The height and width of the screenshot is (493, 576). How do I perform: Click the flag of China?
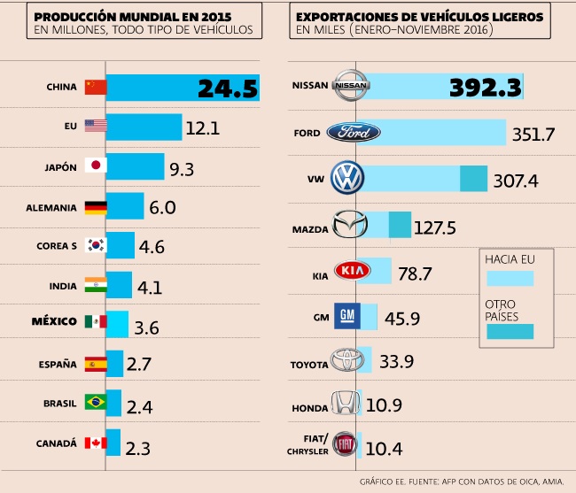(95, 87)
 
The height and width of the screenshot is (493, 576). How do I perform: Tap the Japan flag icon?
(95, 166)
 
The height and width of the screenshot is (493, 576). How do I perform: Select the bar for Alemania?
(124, 207)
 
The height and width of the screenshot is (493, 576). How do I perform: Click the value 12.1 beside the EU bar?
(202, 128)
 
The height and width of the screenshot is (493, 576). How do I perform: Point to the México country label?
(54, 320)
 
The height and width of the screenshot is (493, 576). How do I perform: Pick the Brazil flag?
(95, 402)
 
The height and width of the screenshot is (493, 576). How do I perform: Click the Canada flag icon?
(95, 443)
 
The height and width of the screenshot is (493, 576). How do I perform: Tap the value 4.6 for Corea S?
(152, 247)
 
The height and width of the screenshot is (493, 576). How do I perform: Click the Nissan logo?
(352, 86)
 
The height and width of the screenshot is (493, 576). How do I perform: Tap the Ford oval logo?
(354, 133)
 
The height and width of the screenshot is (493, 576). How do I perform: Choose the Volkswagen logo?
(345, 179)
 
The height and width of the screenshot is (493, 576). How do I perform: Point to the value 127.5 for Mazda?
(434, 228)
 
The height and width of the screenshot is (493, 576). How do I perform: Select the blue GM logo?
(346, 316)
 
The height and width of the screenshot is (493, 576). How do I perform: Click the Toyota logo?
(346, 362)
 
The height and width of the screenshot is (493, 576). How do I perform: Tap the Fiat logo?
(346, 445)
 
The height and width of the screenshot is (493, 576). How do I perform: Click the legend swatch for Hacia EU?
(510, 278)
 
